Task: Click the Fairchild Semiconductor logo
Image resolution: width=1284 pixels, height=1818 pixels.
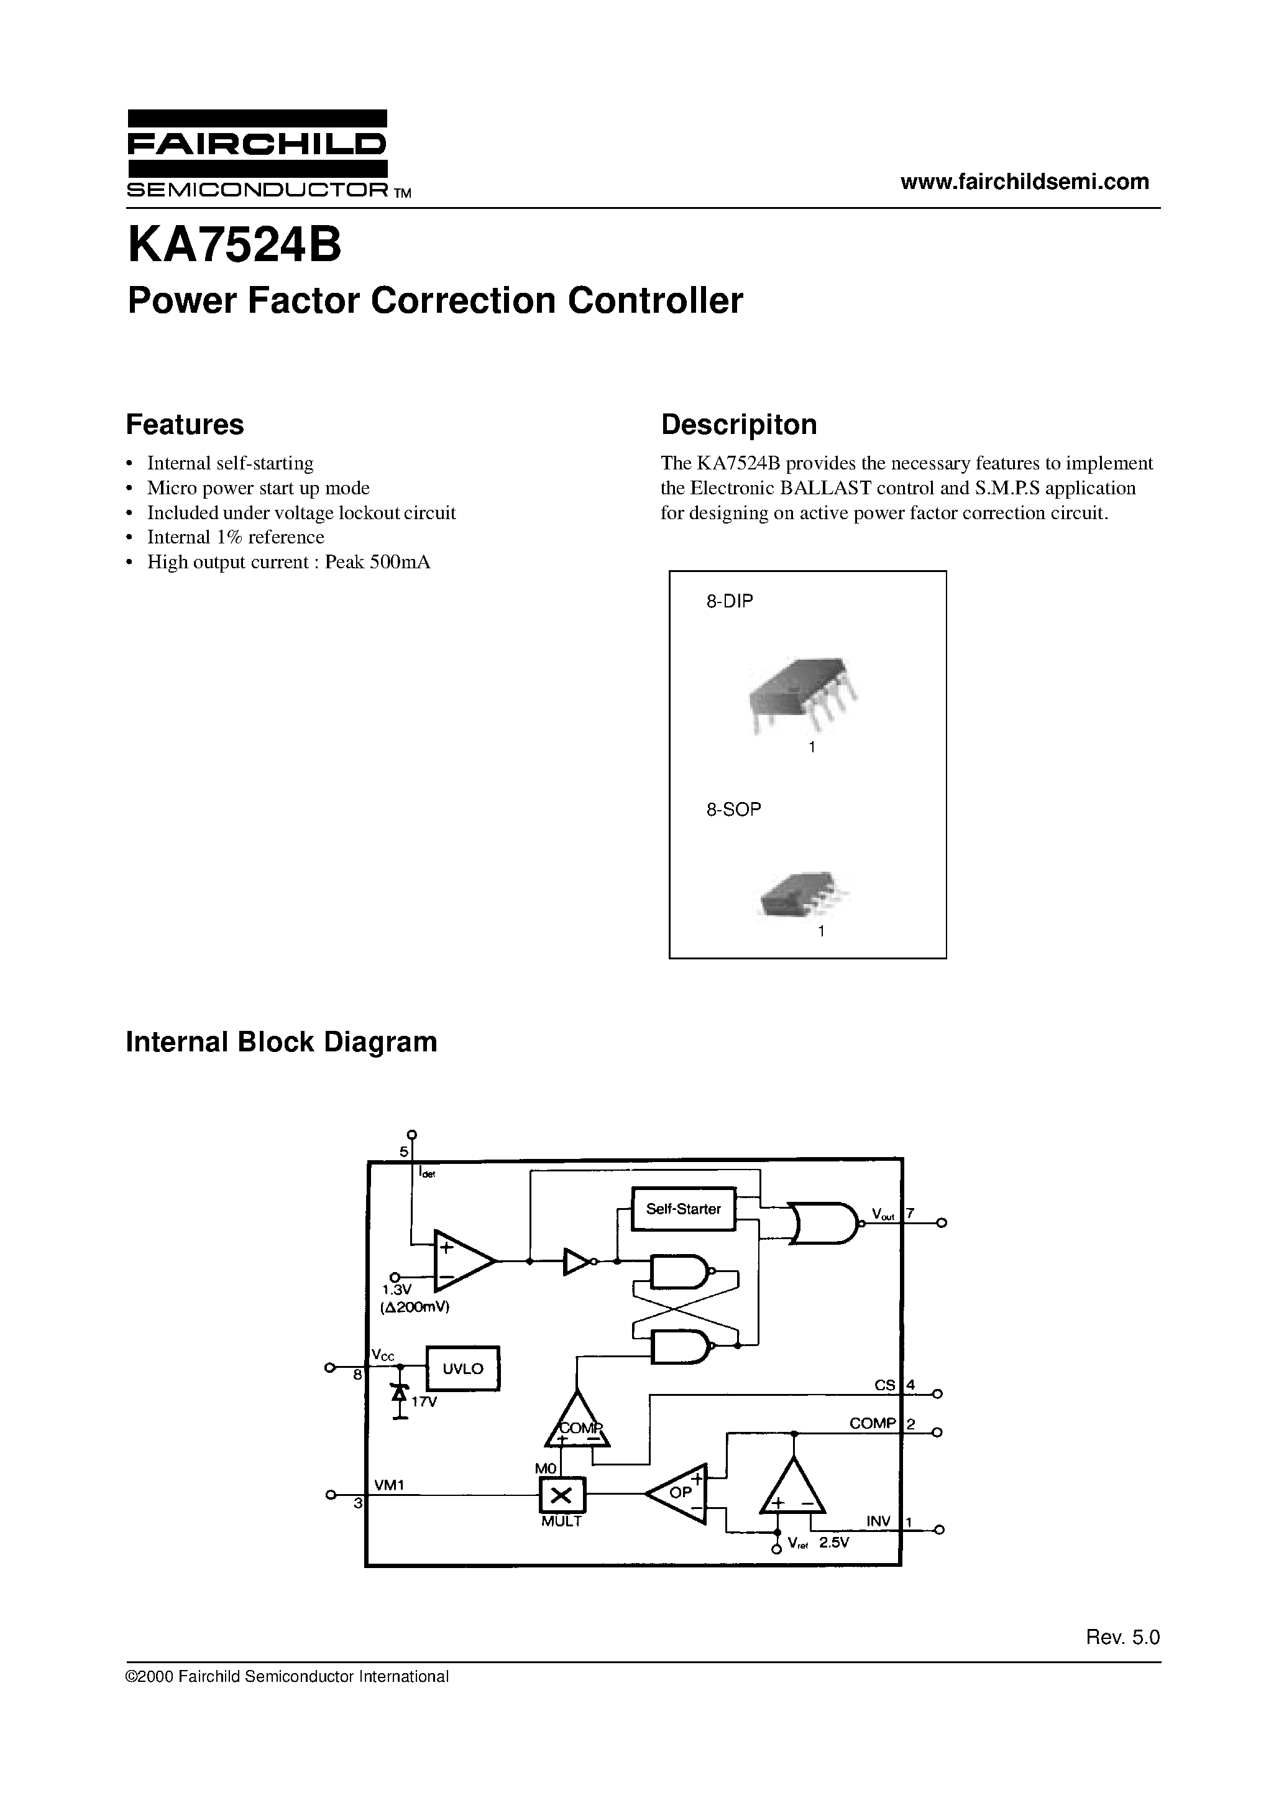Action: click(257, 154)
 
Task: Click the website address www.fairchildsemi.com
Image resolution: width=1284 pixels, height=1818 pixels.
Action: click(1024, 182)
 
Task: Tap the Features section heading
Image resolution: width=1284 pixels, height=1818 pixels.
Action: click(185, 425)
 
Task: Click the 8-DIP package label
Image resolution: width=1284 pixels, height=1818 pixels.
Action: click(729, 601)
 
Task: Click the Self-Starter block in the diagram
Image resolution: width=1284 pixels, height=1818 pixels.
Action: click(683, 1209)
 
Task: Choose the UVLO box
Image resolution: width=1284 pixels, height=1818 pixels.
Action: click(463, 1368)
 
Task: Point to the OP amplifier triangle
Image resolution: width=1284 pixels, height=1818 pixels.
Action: click(679, 1493)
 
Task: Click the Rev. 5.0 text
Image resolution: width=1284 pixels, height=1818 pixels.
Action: click(1122, 1638)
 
